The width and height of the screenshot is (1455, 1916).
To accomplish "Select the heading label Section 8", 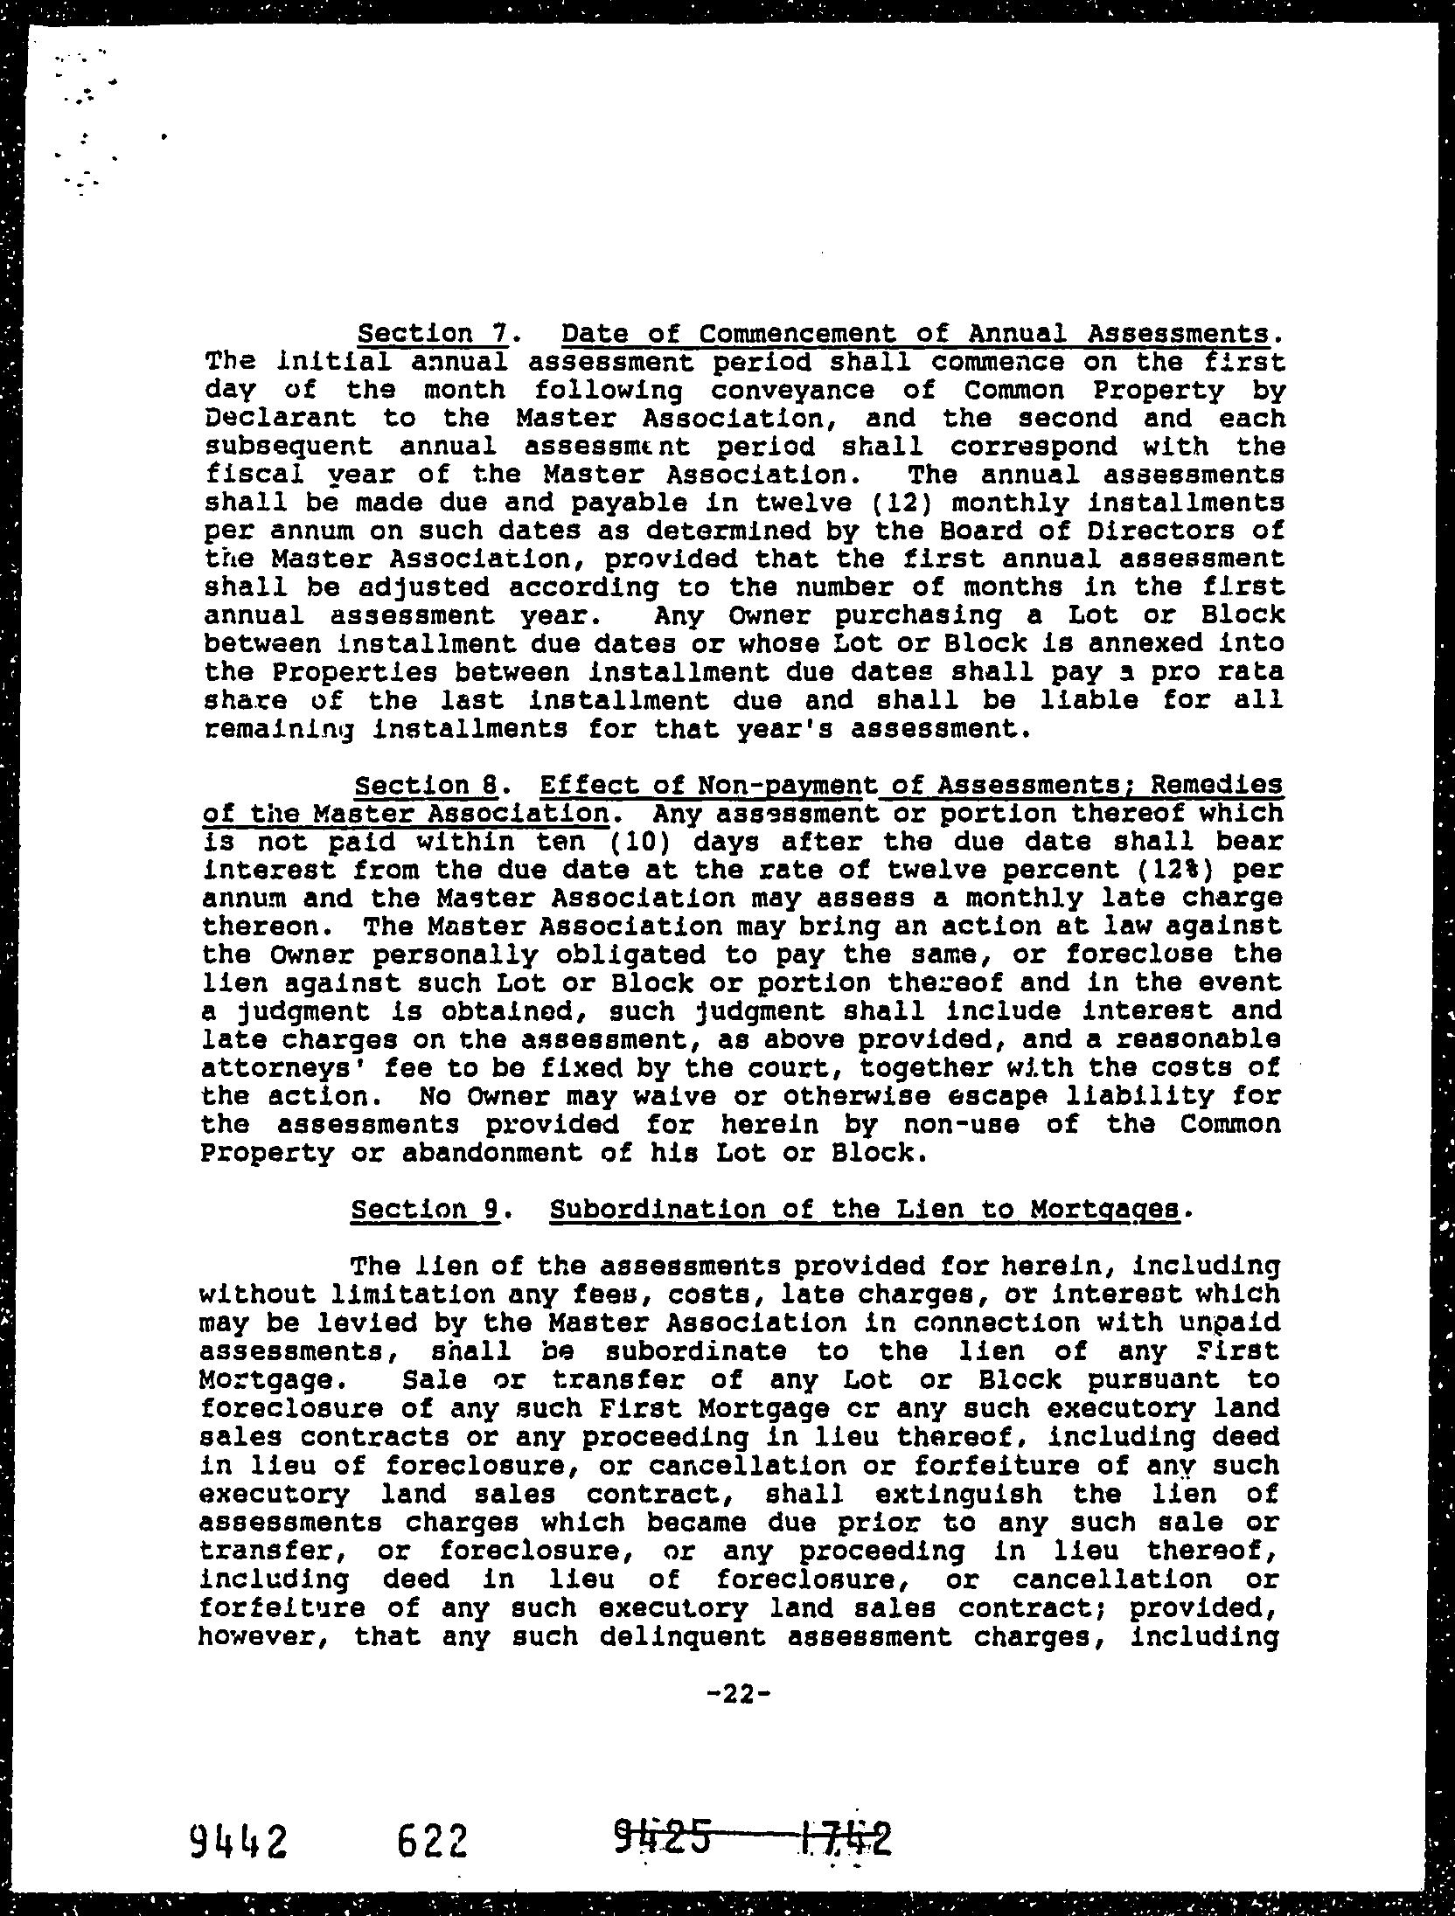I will point(426,786).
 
